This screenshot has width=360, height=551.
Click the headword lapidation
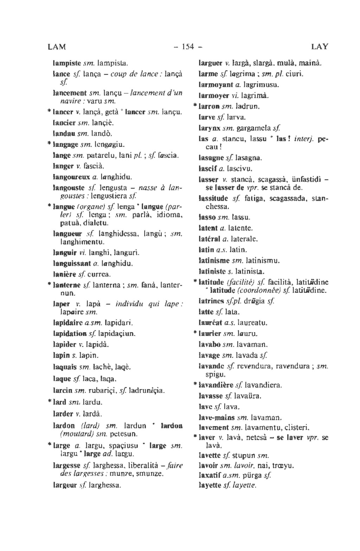click(70, 333)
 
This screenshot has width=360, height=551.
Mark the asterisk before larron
click(195, 106)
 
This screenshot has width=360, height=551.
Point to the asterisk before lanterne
click(49, 284)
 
